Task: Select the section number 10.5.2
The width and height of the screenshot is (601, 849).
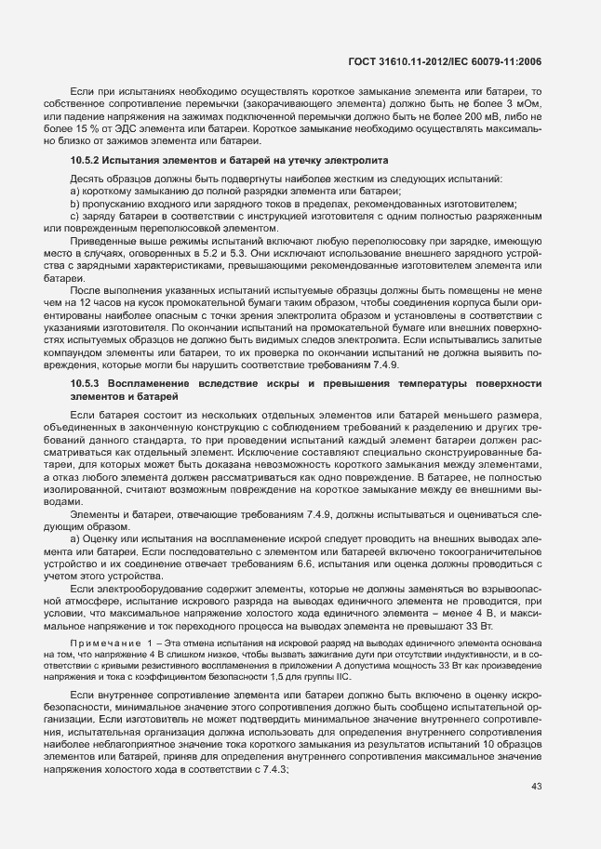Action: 87,162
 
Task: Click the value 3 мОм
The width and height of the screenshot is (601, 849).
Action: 521,105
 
